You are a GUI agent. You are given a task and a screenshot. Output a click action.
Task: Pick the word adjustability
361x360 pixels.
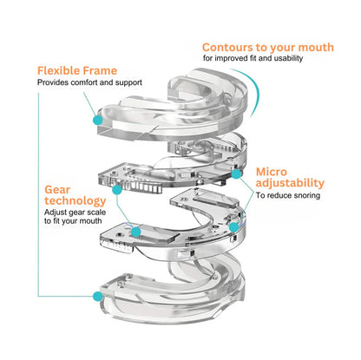click(290, 183)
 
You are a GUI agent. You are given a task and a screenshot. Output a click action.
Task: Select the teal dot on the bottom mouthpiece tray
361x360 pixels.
click(95, 295)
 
